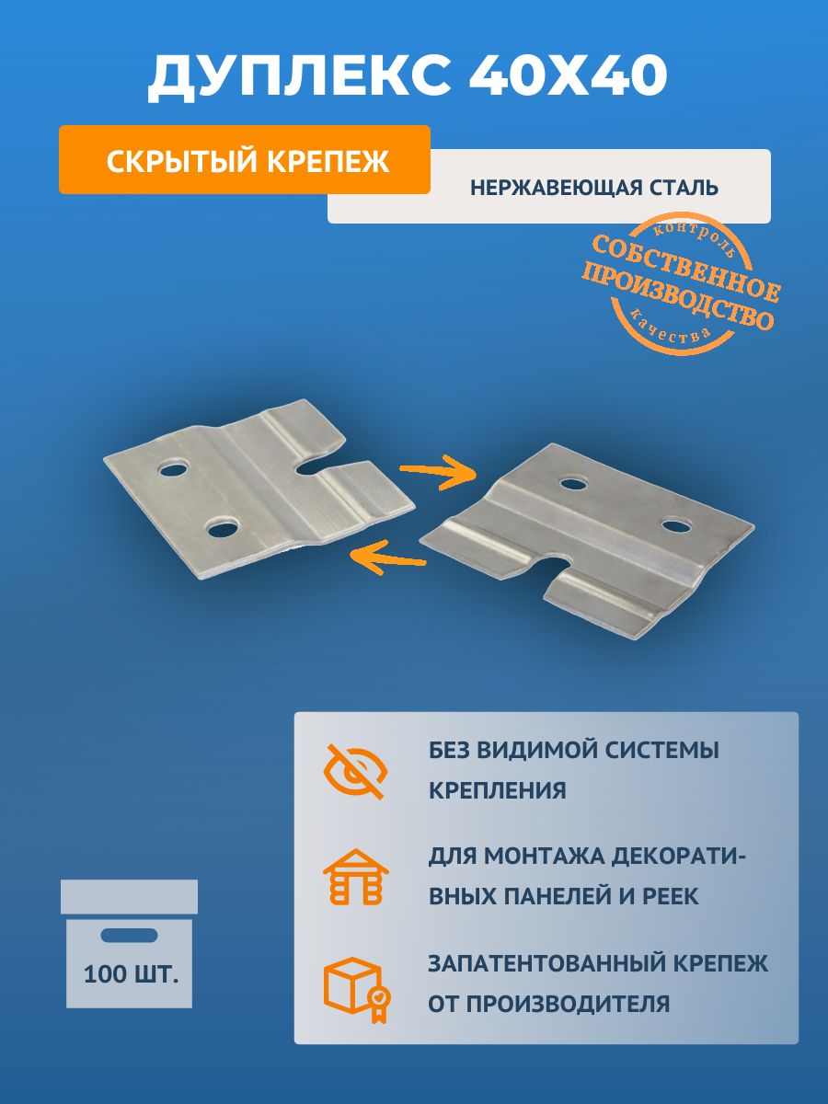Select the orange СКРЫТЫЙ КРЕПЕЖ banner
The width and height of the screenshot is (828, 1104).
(245, 159)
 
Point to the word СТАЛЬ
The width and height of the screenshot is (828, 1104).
(683, 188)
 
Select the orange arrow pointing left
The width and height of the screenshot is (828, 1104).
(387, 557)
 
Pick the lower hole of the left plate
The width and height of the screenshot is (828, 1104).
(222, 529)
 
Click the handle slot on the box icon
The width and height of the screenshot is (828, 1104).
(129, 935)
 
